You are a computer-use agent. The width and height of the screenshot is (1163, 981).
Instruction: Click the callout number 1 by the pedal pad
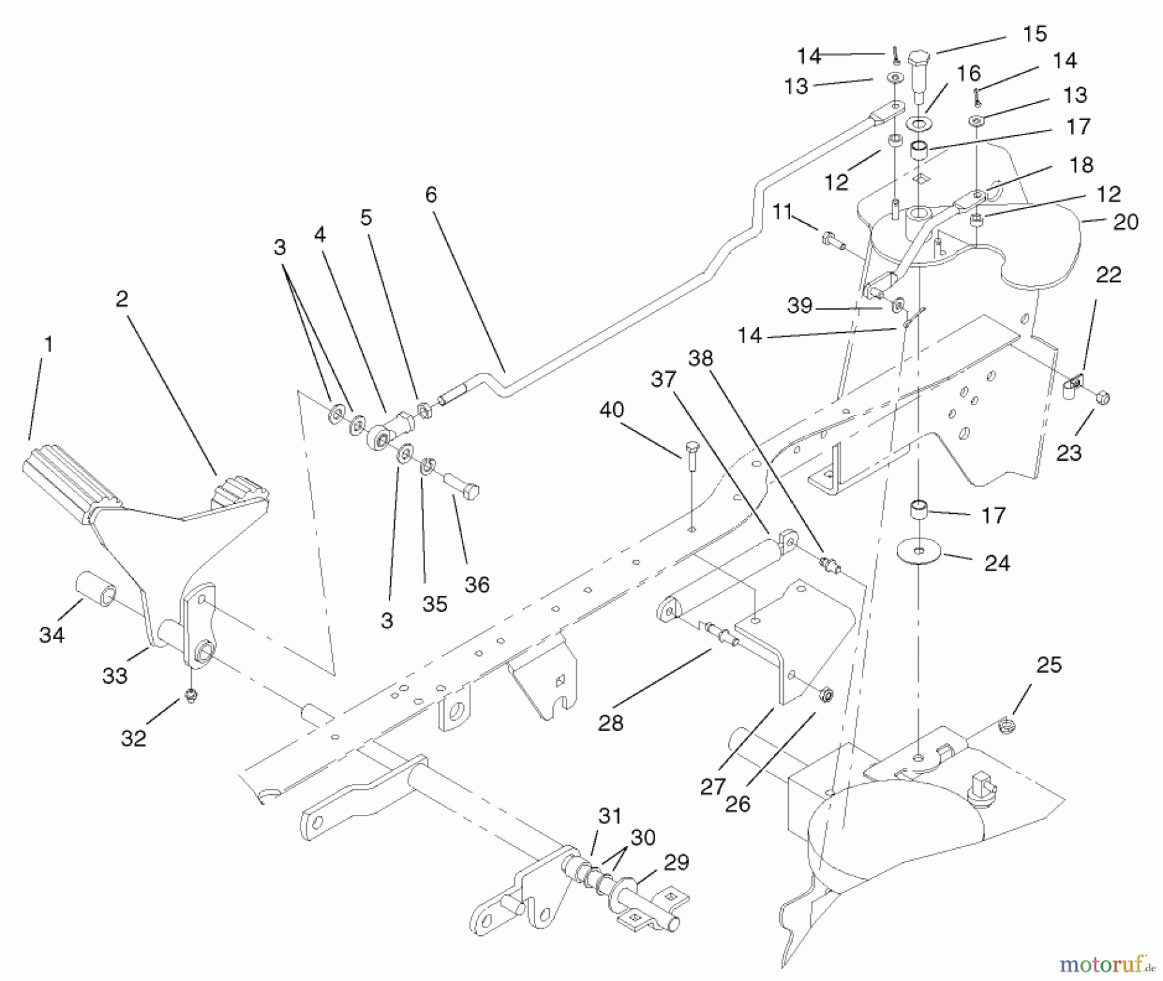point(47,344)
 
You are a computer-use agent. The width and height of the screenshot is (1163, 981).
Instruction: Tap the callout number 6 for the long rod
point(431,195)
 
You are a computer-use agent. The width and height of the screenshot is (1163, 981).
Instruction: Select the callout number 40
point(612,410)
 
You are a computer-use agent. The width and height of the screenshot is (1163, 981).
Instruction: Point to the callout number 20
point(1126,222)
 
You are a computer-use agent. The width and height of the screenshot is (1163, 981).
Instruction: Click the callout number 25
point(1049,665)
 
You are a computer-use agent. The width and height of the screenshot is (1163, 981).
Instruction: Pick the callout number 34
point(52,635)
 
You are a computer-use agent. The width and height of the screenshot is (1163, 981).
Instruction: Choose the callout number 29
point(676,862)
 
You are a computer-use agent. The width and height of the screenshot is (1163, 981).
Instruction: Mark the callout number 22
point(1109,275)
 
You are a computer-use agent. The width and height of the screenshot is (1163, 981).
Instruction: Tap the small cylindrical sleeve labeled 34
point(97,587)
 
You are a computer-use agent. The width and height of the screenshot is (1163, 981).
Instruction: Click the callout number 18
point(1080,165)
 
